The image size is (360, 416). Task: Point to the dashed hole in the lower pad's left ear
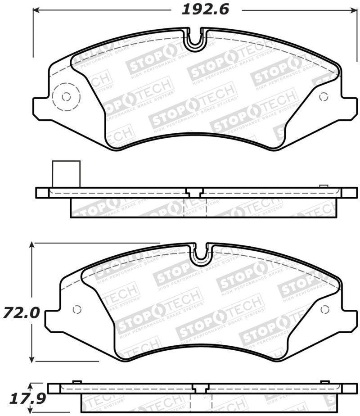[77, 309]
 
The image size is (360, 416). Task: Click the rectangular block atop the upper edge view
[66, 174]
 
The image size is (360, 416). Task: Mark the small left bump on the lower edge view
[77, 382]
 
